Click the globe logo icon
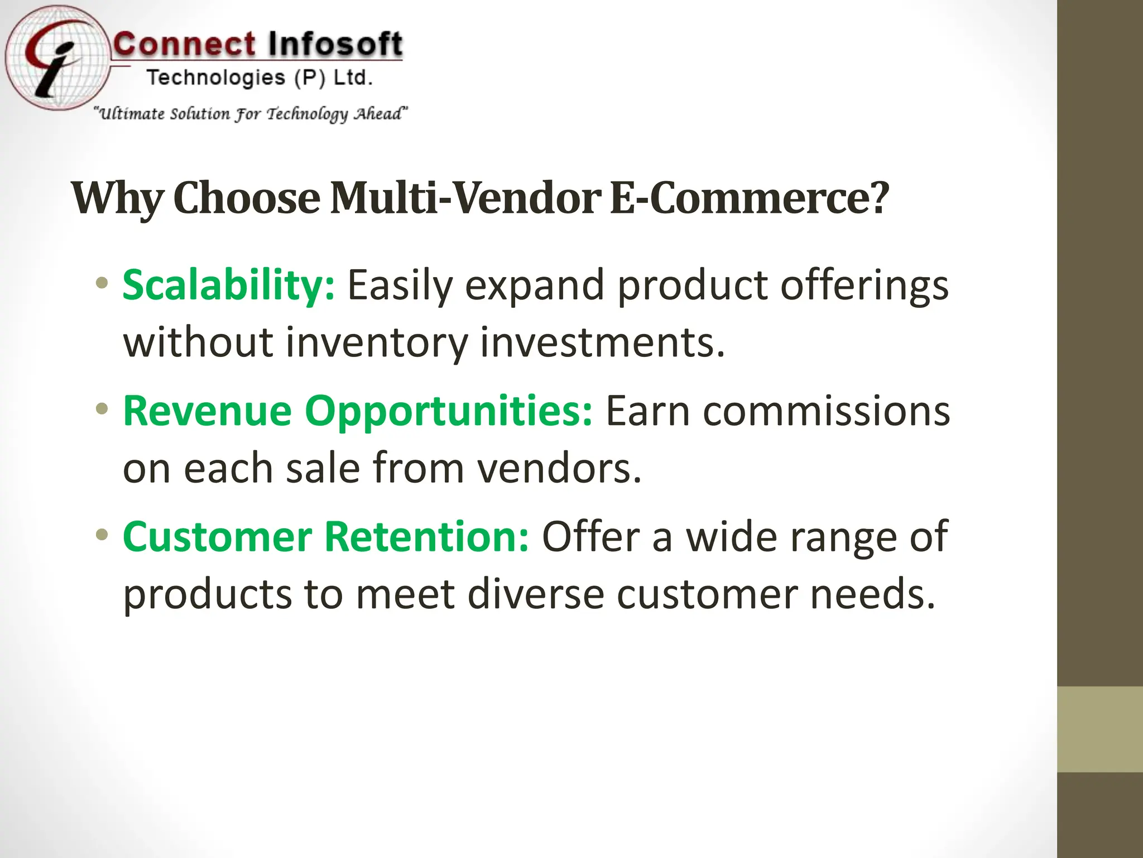click(x=56, y=59)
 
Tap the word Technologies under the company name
click(x=215, y=78)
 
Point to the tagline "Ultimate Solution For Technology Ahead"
click(x=251, y=114)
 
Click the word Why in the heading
click(x=118, y=199)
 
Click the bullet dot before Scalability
click(x=102, y=283)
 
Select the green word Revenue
click(x=207, y=411)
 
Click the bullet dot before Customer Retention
click(x=102, y=535)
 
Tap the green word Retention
click(x=426, y=537)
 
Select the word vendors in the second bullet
click(x=559, y=469)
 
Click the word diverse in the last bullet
click(x=535, y=594)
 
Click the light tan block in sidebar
click(x=1099, y=729)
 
